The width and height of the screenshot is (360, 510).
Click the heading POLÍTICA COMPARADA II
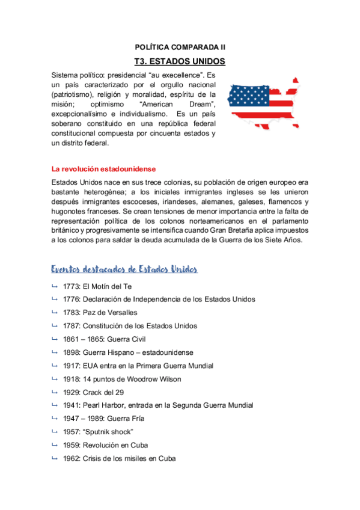pos(180,46)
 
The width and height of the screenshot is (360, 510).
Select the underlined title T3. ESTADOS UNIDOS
pos(180,61)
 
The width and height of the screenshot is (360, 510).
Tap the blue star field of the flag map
pos(244,94)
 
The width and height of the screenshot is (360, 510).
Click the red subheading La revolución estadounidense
pos(103,169)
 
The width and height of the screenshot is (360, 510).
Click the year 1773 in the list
pos(72,286)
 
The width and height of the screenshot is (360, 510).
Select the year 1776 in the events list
pos(72,299)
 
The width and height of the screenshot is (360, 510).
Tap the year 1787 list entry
pos(72,325)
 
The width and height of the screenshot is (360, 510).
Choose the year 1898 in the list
pos(72,352)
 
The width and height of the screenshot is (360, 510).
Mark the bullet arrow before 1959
pos(55,445)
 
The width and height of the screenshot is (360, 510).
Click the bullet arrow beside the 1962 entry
pos(55,458)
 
